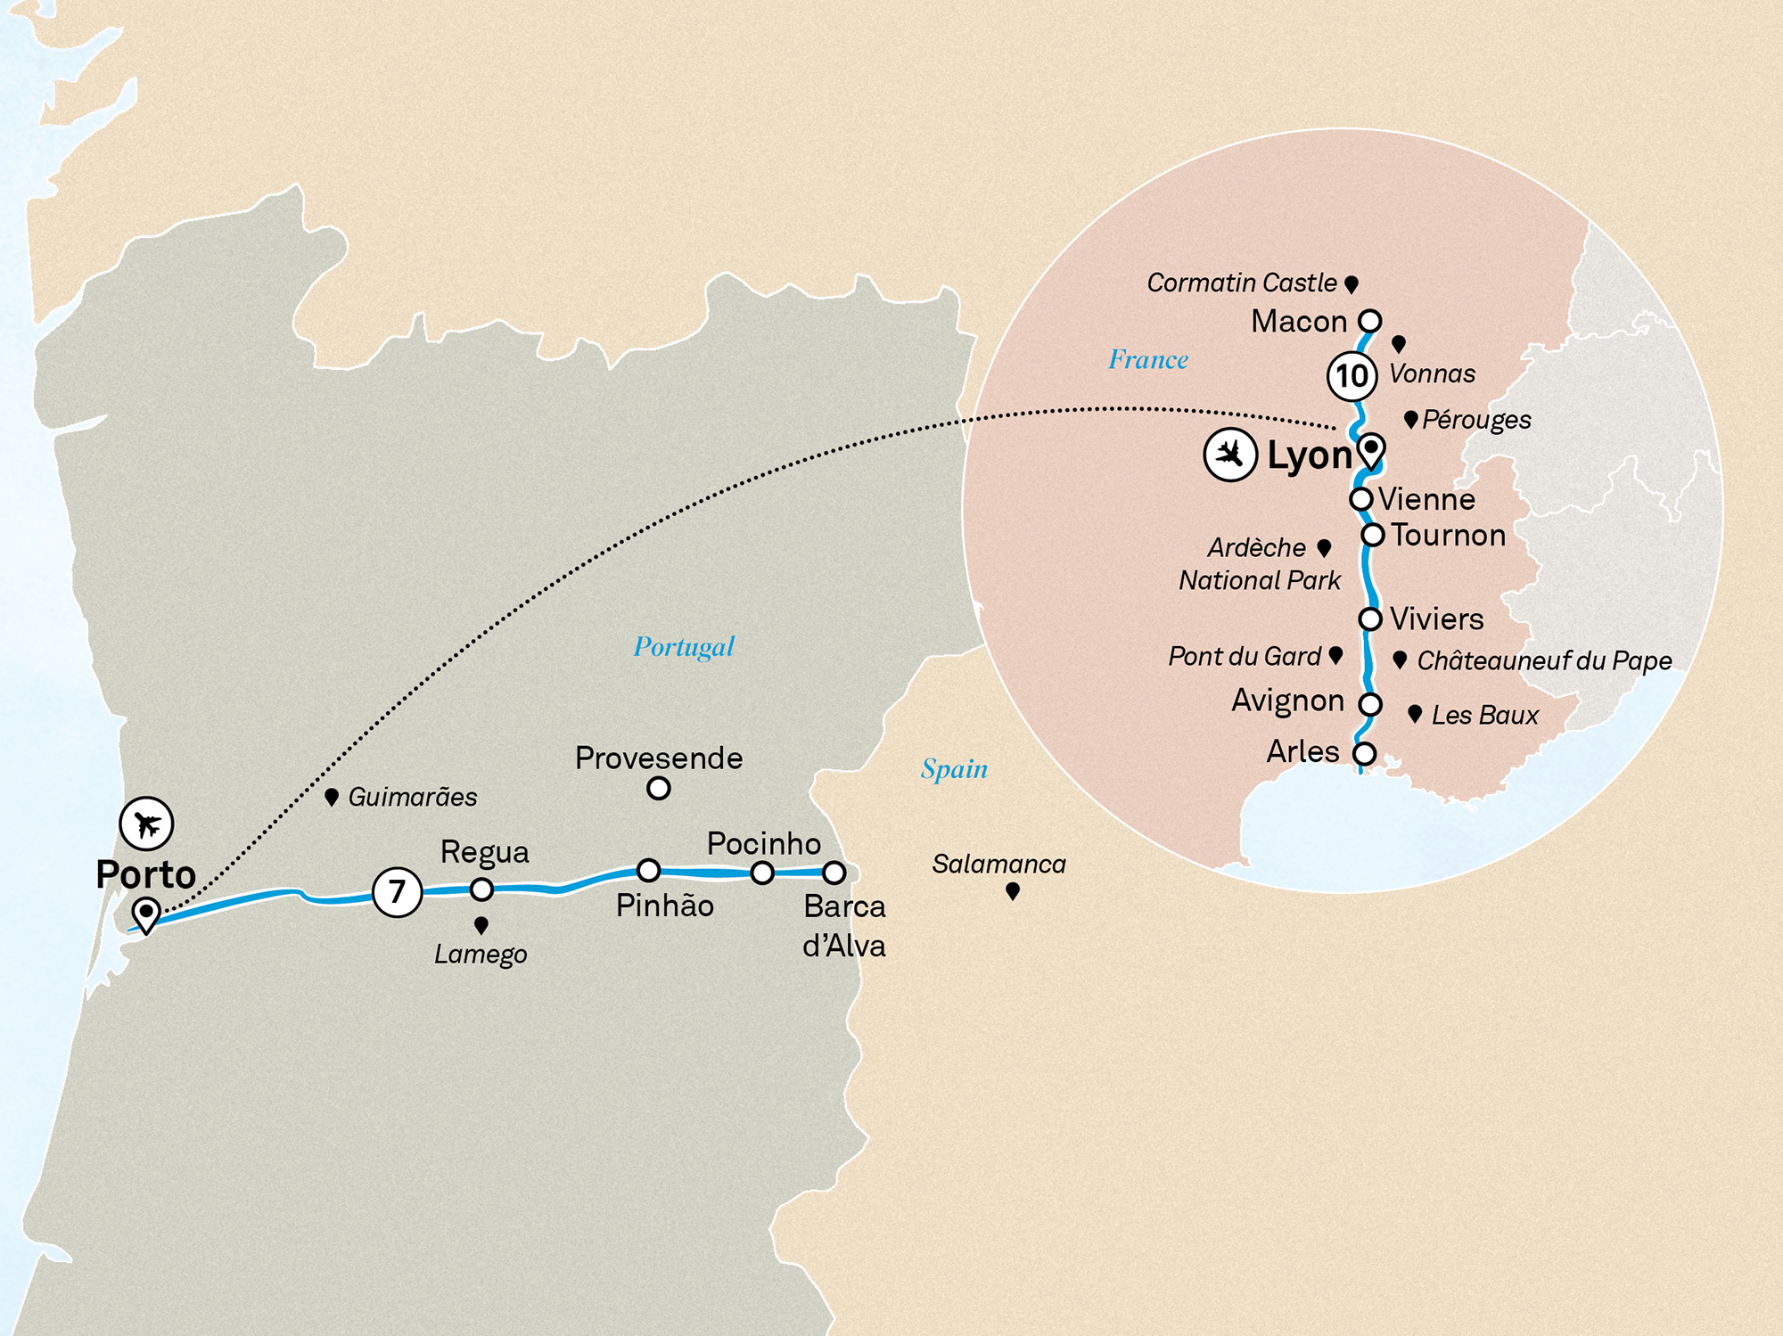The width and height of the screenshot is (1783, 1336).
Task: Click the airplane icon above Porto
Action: pyautogui.click(x=146, y=824)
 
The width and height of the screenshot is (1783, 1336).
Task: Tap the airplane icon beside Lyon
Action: pyautogui.click(x=1230, y=455)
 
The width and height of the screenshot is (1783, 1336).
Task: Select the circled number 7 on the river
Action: pyautogui.click(x=397, y=891)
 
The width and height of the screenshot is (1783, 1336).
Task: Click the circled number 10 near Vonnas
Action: pyautogui.click(x=1352, y=375)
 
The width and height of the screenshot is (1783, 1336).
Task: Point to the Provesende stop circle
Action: pyautogui.click(x=658, y=788)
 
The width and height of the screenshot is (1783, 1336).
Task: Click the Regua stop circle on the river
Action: pyautogui.click(x=481, y=889)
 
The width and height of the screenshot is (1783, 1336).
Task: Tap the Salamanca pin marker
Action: pyautogui.click(x=1013, y=890)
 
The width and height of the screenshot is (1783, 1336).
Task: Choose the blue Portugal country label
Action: pyautogui.click(x=684, y=646)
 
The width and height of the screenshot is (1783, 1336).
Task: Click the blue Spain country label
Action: pyautogui.click(x=954, y=768)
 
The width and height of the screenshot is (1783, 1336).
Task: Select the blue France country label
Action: pyautogui.click(x=1148, y=359)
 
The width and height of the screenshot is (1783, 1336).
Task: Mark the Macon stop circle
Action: pyautogui.click(x=1369, y=321)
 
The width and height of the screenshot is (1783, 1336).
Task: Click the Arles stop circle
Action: pyautogui.click(x=1364, y=753)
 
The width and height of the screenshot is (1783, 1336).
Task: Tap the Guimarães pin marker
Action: pyautogui.click(x=332, y=797)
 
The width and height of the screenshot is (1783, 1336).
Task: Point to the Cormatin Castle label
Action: pyautogui.click(x=1241, y=283)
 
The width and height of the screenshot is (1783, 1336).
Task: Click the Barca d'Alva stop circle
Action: pyautogui.click(x=834, y=873)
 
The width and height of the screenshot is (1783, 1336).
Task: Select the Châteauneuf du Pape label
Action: pyautogui.click(x=1544, y=660)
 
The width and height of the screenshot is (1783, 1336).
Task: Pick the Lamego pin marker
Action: pyautogui.click(x=481, y=925)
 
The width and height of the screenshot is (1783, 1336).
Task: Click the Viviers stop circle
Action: pyautogui.click(x=1370, y=619)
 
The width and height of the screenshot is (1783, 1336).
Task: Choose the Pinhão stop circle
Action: pyautogui.click(x=648, y=870)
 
